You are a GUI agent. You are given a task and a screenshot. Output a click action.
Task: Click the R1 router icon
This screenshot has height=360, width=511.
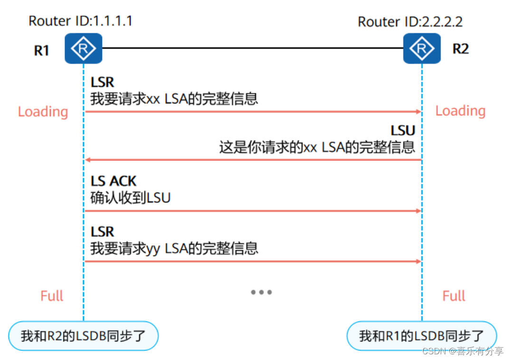[84, 48]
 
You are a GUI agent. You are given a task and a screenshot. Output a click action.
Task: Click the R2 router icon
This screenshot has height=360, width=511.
[422, 48]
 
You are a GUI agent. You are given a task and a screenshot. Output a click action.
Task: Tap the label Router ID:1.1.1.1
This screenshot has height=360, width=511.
[80, 21]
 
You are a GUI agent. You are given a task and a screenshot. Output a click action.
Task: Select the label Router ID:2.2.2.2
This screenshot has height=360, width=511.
[410, 22]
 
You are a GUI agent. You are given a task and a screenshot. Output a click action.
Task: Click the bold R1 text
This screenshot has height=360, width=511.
[42, 50]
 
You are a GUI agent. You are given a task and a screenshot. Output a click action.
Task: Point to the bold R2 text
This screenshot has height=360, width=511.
[461, 49]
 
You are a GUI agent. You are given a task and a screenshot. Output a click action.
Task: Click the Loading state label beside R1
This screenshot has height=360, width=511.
[43, 112]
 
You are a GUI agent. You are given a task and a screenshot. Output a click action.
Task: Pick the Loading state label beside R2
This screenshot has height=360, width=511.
[461, 111]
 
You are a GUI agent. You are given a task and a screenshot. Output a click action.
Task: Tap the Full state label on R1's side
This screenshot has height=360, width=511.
[52, 296]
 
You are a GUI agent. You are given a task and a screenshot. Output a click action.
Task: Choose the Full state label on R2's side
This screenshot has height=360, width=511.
[454, 296]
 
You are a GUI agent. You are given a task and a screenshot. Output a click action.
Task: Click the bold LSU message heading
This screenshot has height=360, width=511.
[403, 131]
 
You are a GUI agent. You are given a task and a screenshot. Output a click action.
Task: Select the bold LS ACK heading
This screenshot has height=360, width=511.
[114, 181]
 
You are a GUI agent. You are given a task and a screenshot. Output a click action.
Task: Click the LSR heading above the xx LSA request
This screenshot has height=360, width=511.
[102, 82]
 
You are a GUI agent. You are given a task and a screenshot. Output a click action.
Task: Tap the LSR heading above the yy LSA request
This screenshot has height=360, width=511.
[102, 232]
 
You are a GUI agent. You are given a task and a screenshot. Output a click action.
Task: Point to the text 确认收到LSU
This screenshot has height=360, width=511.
[130, 198]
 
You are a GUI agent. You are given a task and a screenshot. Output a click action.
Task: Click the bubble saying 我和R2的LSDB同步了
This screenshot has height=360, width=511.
[84, 336]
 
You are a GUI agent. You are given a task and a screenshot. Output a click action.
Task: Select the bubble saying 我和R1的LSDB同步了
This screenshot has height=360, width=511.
[422, 336]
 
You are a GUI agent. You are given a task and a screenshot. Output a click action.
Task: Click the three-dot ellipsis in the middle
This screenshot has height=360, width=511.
[261, 292]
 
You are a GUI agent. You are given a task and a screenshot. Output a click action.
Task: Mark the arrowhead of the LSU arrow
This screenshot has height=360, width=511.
[87, 160]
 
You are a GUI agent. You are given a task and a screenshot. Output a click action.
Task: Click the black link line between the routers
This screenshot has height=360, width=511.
[253, 48]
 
